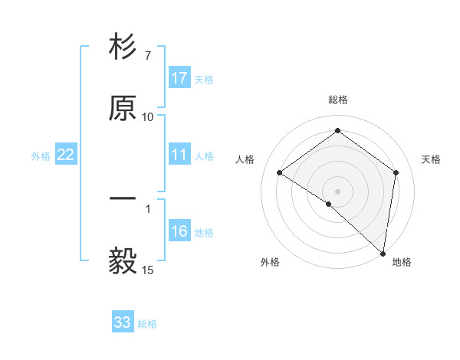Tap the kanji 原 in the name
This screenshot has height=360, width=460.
[123, 108]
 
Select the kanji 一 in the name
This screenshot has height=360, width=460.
[123, 199]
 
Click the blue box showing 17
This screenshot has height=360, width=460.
[179, 78]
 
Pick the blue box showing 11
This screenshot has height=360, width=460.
[179, 155]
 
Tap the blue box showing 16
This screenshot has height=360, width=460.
[179, 231]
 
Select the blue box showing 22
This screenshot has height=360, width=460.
[66, 155]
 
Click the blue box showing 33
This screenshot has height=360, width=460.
[123, 322]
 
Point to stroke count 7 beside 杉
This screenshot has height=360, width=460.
[147, 56]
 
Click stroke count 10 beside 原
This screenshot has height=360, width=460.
[147, 116]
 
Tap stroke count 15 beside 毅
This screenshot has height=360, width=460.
[147, 270]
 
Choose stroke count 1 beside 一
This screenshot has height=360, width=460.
[147, 208]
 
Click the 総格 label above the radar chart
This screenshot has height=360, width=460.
[337, 100]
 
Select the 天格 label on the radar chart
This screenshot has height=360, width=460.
[431, 159]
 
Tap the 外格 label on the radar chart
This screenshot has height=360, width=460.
[270, 263]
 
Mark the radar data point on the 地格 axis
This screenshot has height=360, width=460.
[383, 254]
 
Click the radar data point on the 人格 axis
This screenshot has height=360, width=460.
[280, 173]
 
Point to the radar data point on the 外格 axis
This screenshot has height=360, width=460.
[328, 204]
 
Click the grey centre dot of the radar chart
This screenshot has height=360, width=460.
[337, 191]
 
